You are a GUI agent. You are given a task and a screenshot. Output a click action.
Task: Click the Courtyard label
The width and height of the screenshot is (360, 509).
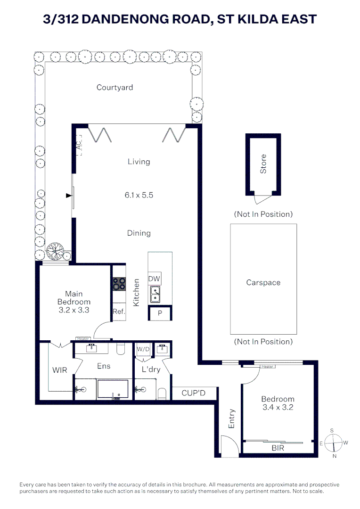[x=115, y=87]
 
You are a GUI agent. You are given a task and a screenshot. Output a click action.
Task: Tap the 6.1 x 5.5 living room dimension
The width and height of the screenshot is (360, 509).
[x=139, y=195]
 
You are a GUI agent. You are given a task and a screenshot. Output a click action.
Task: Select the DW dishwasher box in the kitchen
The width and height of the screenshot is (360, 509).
[x=154, y=279]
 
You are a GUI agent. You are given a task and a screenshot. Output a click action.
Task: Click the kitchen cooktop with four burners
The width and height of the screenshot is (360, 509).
[x=119, y=284]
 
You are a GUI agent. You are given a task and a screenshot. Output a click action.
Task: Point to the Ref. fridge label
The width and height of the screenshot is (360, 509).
[x=118, y=311]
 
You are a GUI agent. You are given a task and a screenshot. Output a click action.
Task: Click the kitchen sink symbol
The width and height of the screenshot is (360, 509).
[x=155, y=295]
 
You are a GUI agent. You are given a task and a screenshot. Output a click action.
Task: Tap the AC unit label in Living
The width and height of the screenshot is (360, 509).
[x=79, y=146]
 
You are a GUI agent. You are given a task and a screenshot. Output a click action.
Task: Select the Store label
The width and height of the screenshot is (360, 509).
[x=263, y=164]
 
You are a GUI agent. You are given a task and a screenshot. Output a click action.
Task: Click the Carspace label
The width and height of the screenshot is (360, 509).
[x=263, y=283]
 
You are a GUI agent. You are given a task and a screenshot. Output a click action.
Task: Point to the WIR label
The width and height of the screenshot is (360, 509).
[x=59, y=370]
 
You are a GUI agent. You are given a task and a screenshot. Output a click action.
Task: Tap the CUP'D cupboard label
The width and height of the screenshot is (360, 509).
[x=193, y=393]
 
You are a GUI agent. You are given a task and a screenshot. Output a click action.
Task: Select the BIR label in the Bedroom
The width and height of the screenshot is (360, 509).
[x=278, y=448]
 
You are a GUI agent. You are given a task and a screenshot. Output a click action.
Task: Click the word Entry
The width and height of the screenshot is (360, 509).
[x=231, y=419]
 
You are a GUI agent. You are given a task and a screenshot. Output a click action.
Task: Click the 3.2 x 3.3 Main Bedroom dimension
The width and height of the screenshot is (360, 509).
[x=74, y=310]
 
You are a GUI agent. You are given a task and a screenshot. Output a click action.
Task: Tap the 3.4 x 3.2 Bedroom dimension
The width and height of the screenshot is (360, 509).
[x=278, y=407]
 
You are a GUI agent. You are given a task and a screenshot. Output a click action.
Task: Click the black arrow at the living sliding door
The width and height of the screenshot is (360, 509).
[x=69, y=195]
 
